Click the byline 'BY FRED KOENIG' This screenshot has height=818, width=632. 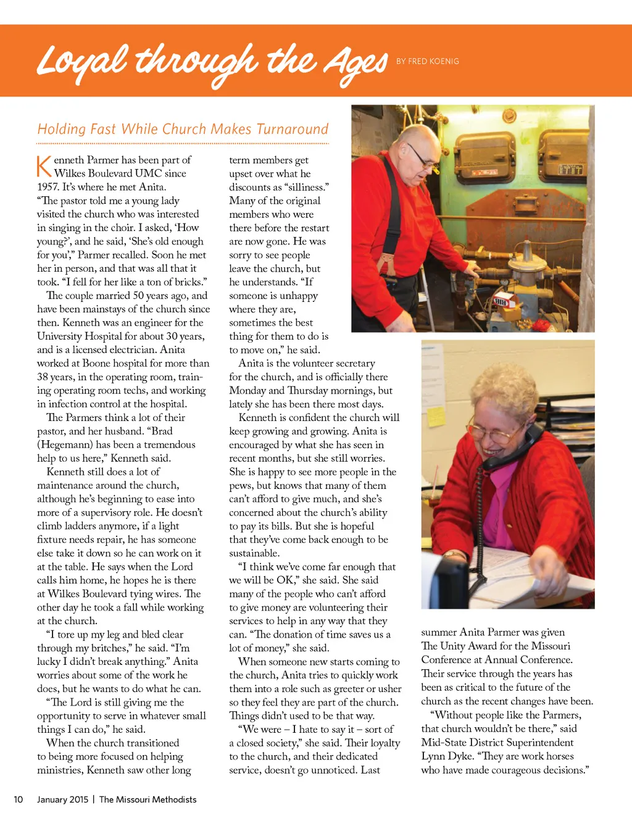pos(427,61)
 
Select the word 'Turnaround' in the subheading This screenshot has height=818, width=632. pos(292,129)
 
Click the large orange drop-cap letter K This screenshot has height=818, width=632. pos(43,166)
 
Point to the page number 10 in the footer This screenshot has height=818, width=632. pos(19,799)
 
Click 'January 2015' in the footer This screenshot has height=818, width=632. pos(62,799)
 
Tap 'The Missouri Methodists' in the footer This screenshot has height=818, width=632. pos(148,799)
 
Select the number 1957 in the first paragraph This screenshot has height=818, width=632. pos(48,187)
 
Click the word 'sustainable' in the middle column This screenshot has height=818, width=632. pos(253,553)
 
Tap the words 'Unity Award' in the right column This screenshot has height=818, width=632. pos(473,646)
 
